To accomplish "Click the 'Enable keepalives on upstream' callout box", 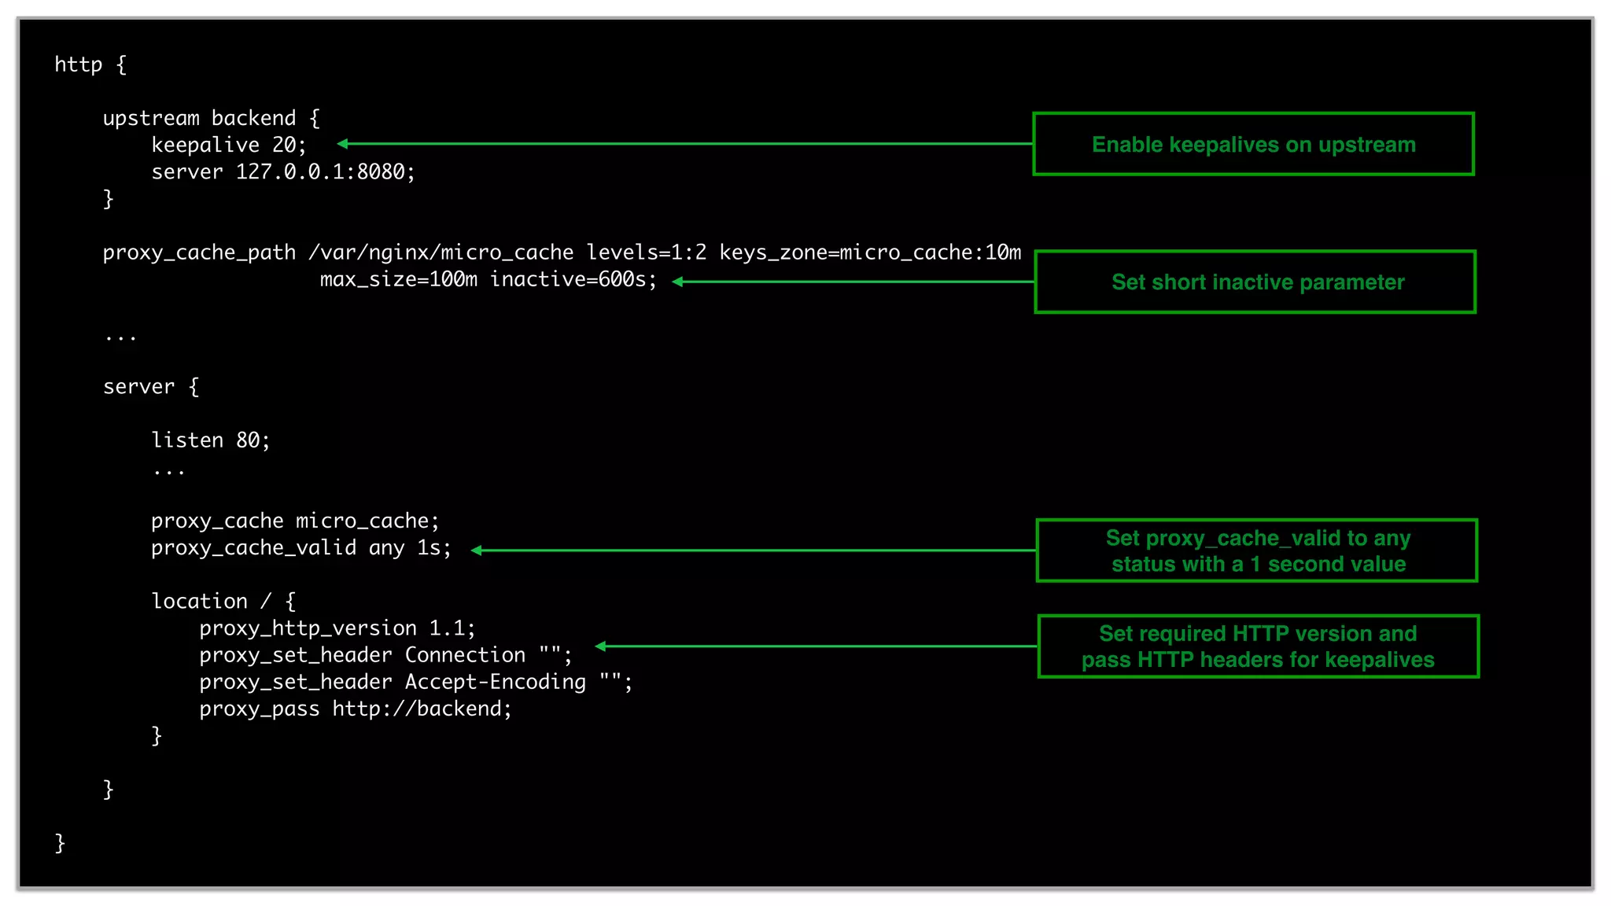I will click(1253, 144).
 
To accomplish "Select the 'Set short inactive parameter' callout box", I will click(1255, 282).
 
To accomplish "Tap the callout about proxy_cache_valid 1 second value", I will click(1256, 551).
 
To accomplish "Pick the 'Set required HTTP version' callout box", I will click(1258, 646).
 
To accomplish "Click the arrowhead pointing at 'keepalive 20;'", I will click(343, 143).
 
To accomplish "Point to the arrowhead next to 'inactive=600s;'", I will click(677, 282).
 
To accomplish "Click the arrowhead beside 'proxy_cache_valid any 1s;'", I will click(477, 551).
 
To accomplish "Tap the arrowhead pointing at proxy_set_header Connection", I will click(601, 646).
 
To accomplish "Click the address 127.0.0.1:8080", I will click(325, 171).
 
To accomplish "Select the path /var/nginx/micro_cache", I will click(441, 252).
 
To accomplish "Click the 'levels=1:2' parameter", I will click(647, 252).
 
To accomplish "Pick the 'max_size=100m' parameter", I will click(398, 279).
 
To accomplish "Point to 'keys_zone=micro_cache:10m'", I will click(870, 252).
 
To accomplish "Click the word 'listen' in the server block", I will click(187, 440).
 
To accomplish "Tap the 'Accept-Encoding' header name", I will click(495, 682).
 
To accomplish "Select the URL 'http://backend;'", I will click(422, 709).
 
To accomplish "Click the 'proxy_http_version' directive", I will click(308, 628).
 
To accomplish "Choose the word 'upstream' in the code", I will click(151, 118).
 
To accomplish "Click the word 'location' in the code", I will click(199, 602).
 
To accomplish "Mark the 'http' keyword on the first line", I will click(78, 64).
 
